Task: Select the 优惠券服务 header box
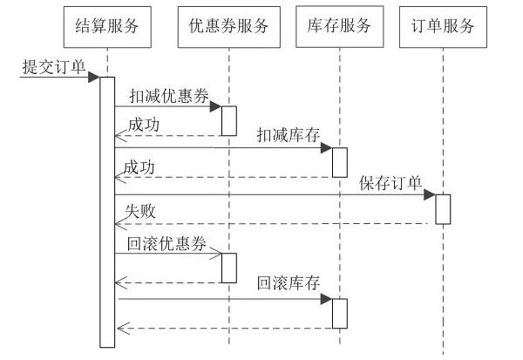(228, 26)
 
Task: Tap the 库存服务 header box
(339, 26)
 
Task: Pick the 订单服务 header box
(443, 26)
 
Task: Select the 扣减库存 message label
(289, 134)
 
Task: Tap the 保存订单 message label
(391, 182)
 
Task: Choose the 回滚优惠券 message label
(168, 243)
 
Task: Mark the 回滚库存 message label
(289, 284)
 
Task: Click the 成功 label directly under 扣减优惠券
(143, 125)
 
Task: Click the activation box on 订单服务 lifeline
(443, 208)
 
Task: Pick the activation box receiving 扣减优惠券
(228, 120)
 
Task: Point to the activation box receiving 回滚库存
(339, 313)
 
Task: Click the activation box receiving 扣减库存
(339, 162)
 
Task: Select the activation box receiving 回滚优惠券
(228, 267)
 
